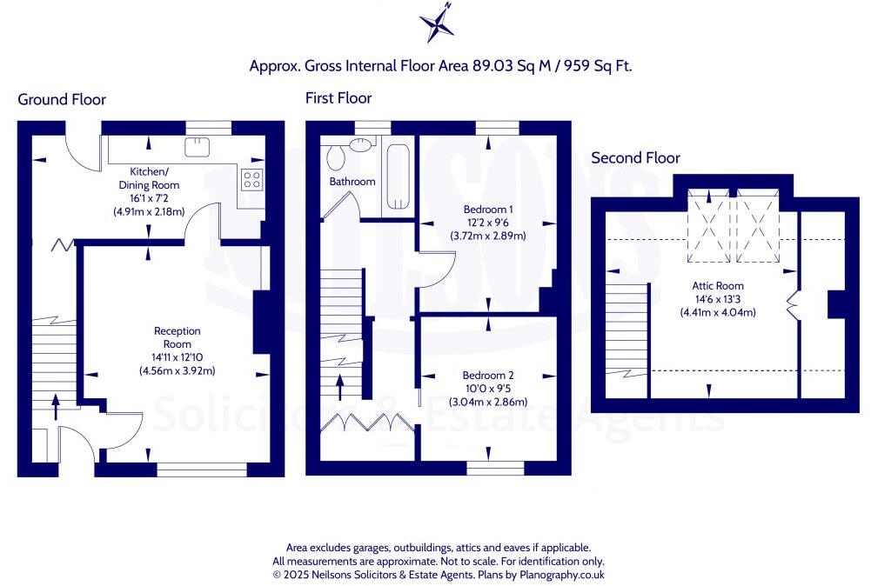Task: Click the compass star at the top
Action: tap(437, 23)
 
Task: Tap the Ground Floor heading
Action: tap(62, 99)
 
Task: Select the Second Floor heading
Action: tap(635, 158)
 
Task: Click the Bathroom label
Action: tap(352, 182)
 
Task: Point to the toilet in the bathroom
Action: tap(336, 157)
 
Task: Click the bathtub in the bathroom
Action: tap(399, 176)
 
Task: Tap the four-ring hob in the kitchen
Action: tap(251, 179)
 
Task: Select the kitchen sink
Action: tap(198, 146)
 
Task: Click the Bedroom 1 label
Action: tap(488, 210)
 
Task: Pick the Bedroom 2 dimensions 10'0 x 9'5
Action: tap(488, 389)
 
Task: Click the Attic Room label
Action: tap(718, 286)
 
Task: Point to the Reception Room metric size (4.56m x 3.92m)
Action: tap(178, 370)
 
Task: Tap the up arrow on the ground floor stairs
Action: tap(56, 407)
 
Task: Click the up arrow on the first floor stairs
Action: tap(340, 388)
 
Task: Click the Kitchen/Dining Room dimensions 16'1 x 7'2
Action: tap(149, 198)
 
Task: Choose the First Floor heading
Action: tap(338, 98)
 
